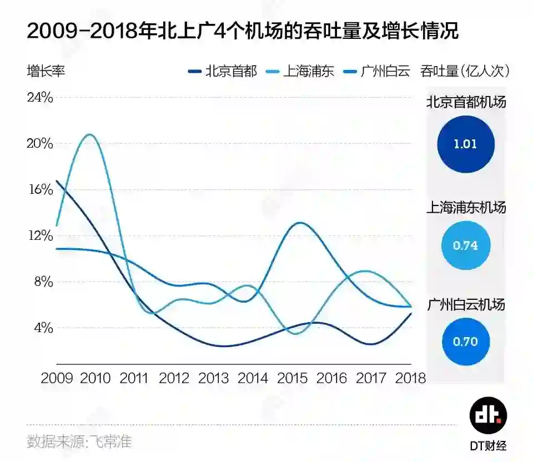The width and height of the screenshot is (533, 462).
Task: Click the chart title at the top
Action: click(x=243, y=31)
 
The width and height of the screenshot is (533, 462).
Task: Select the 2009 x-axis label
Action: click(x=57, y=378)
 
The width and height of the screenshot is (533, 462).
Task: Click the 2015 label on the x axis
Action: click(x=293, y=378)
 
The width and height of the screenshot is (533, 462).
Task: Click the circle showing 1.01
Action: click(x=465, y=144)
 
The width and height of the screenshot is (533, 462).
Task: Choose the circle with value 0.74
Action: click(x=465, y=245)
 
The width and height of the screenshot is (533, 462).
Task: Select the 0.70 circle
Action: click(x=465, y=342)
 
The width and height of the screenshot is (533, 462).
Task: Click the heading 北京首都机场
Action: click(x=465, y=102)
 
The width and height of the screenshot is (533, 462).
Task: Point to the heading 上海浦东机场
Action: click(x=465, y=208)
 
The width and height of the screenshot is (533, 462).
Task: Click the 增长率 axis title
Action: click(x=47, y=72)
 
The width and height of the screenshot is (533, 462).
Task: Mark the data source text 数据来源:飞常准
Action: click(x=79, y=441)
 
